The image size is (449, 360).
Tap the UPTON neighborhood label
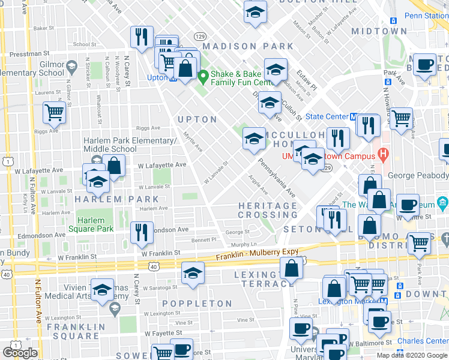[197, 119]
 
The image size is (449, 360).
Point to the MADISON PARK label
[248, 46]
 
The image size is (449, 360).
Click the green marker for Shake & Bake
[203, 76]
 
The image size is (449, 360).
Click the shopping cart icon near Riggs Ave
[55, 112]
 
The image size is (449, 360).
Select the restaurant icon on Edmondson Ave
[141, 232]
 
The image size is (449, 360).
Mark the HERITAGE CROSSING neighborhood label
[268, 210]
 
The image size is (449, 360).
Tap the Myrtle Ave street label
[193, 142]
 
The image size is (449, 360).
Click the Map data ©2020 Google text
[411, 355]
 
